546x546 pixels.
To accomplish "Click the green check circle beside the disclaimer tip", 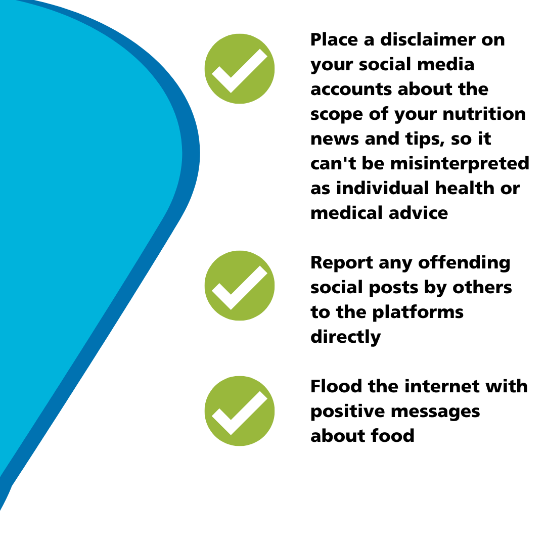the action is pos(240,69).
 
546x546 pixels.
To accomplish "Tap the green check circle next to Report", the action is pos(240,286).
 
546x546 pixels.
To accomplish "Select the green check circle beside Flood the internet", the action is pos(240,411).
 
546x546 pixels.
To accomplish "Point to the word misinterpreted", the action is pos(460,163).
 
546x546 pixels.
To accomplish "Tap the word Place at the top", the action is pos(334,39).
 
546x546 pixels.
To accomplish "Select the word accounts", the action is pos(351,89).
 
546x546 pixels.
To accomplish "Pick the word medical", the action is pos(346,213).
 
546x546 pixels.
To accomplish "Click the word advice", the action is pos(418,213).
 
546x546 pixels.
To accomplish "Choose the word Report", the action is pos(342,263).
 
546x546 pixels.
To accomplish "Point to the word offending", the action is pos(464,263).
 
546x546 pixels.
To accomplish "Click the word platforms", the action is pos(418,312).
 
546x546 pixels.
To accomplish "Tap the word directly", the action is pos(345,337).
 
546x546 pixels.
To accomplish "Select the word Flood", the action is pos(336,387).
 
